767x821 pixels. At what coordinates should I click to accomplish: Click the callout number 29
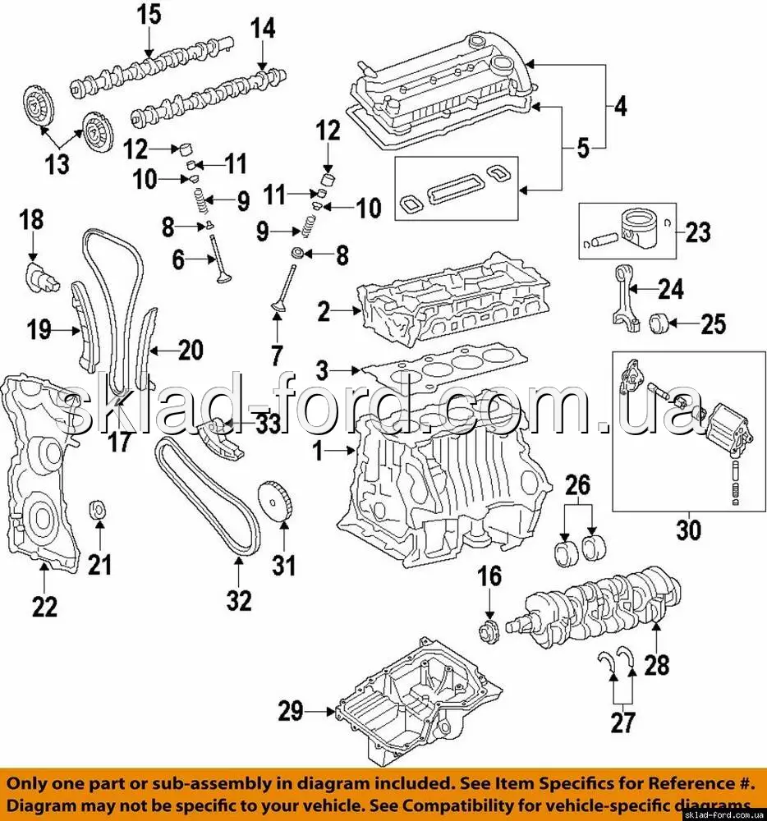point(291,711)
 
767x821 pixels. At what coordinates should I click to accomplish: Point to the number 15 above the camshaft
point(149,15)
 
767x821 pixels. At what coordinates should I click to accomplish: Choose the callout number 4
point(619,106)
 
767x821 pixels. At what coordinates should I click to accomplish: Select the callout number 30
point(689,530)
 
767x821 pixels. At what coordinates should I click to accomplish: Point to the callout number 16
point(489,576)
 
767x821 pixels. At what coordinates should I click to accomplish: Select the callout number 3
point(322,370)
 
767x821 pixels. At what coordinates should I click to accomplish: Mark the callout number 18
point(32,220)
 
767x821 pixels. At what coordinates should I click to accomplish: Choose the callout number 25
point(713,324)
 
